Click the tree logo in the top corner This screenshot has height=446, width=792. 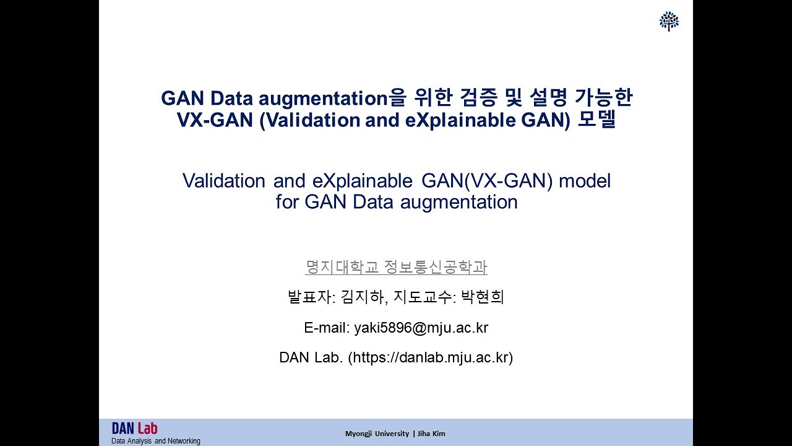coord(669,21)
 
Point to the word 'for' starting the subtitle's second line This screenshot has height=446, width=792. coord(288,202)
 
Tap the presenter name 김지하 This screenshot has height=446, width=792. coord(364,297)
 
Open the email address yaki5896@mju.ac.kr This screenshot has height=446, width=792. coord(421,328)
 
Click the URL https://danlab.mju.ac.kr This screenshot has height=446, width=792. coord(431,357)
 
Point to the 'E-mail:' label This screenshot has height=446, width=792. coord(327,328)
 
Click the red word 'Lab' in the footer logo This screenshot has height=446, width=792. coord(147,428)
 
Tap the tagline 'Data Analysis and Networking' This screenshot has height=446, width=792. coord(155,441)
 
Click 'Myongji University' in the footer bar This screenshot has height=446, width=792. coord(377,434)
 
